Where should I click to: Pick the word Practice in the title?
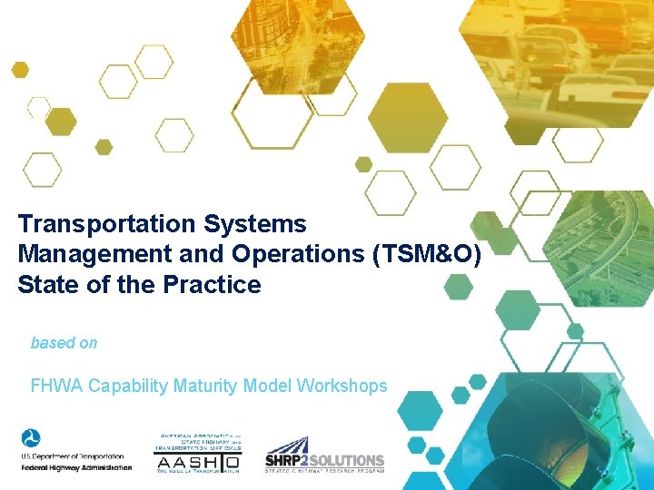pos(212,285)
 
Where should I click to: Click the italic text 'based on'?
pos(64,343)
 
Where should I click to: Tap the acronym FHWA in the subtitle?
pos(56,386)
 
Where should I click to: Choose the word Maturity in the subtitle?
pos(201,386)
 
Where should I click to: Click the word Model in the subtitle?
pos(263,386)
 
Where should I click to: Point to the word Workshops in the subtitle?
pos(342,386)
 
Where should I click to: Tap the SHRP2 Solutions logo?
pos(324,454)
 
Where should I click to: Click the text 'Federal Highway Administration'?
pos(76,468)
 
